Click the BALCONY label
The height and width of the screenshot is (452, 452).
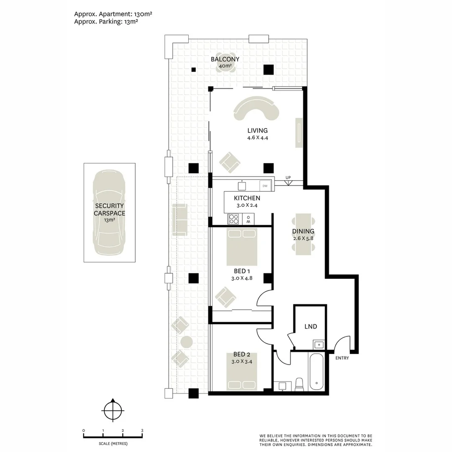click(x=225, y=59)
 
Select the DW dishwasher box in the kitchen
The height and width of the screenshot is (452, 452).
click(x=265, y=186)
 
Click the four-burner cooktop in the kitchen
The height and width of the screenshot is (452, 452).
click(x=234, y=219)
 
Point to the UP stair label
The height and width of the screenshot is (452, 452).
click(x=288, y=177)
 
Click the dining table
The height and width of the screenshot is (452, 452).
click(x=303, y=234)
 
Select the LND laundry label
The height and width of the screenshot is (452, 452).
click(x=311, y=326)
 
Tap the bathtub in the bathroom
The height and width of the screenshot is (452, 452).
click(x=316, y=372)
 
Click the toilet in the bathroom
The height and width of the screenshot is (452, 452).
click(x=300, y=385)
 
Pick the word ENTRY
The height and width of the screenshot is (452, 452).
click(x=342, y=358)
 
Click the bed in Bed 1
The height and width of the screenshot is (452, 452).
click(x=241, y=247)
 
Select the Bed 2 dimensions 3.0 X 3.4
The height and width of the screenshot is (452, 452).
click(x=241, y=361)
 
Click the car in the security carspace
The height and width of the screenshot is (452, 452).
click(x=109, y=213)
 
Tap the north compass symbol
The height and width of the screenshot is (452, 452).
click(x=113, y=410)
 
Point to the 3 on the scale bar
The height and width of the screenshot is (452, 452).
click(x=142, y=430)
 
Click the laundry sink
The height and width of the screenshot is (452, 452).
click(x=318, y=344)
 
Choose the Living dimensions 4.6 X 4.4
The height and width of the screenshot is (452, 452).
click(x=257, y=138)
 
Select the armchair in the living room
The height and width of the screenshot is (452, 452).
click(x=229, y=162)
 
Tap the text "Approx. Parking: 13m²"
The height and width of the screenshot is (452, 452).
click(x=106, y=22)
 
